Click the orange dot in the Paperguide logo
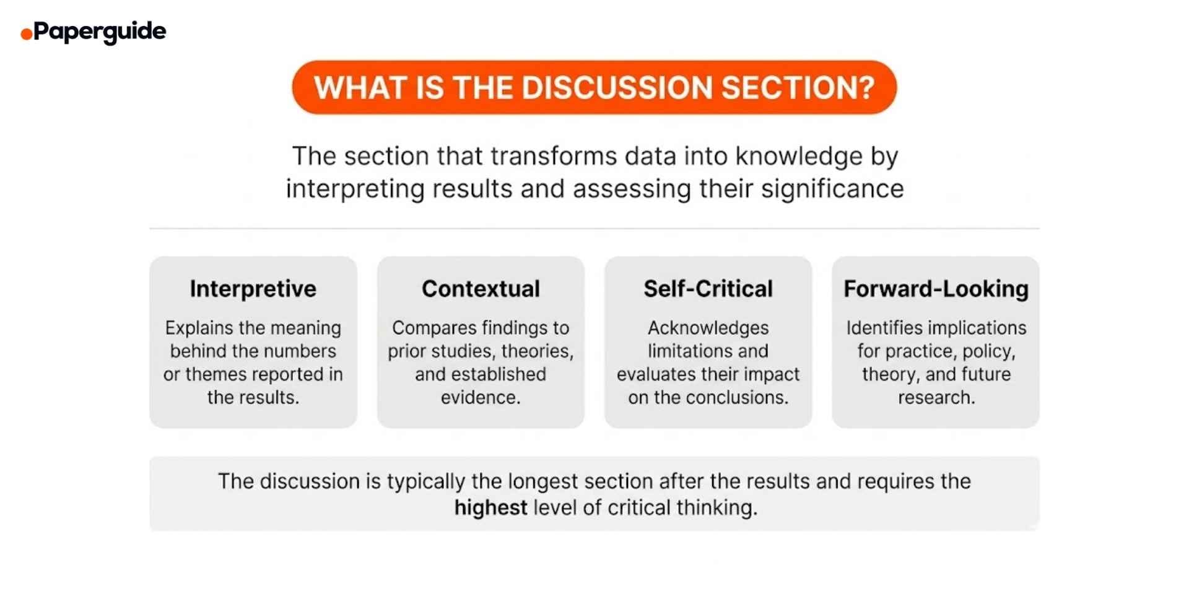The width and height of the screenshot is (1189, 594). (x=26, y=34)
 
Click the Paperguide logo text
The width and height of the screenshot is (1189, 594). (x=100, y=31)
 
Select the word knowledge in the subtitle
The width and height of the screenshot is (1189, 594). (x=798, y=156)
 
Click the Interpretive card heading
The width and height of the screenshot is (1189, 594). (x=253, y=289)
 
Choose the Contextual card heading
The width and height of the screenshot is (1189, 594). (x=481, y=289)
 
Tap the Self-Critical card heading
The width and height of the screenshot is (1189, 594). (x=708, y=289)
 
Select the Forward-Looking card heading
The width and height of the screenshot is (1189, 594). (x=936, y=289)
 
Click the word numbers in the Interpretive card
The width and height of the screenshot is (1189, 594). (x=306, y=351)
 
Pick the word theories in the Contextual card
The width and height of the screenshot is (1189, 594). (x=537, y=351)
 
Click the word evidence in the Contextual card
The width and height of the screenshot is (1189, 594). (x=480, y=398)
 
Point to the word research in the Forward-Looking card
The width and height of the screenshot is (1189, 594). (x=936, y=398)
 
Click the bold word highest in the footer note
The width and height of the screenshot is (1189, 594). (x=490, y=508)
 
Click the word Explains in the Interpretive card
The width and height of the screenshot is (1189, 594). (x=198, y=328)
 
